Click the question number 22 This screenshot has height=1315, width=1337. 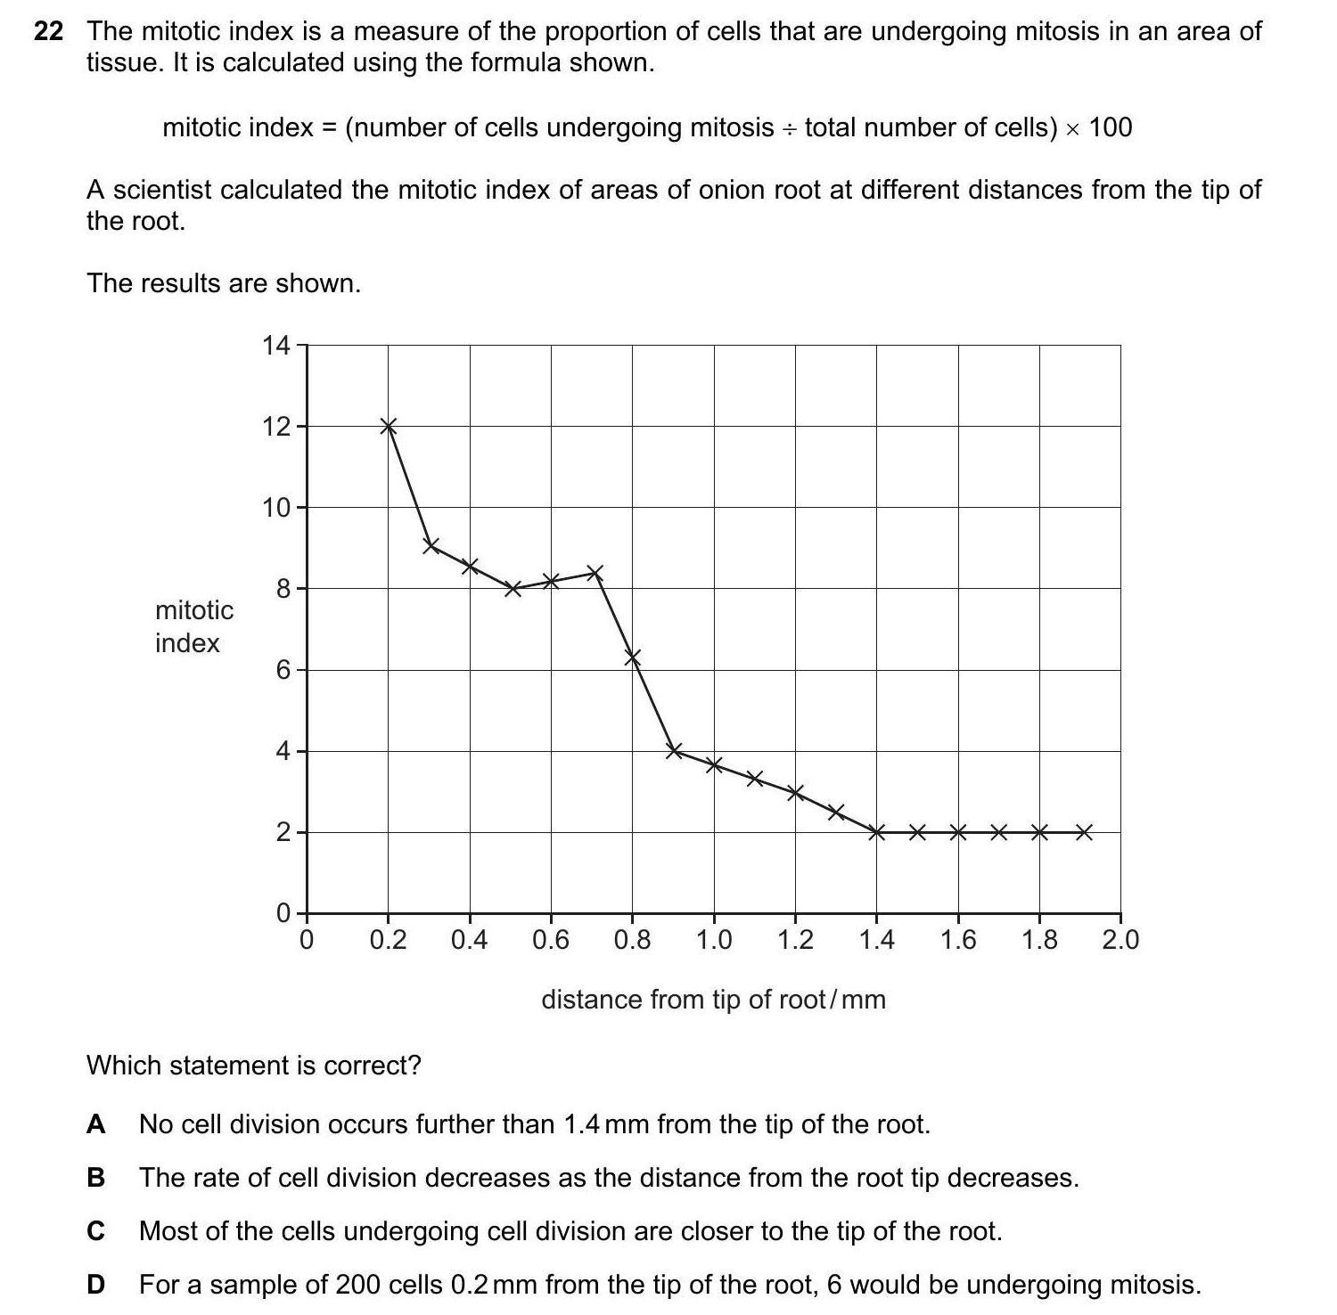point(48,32)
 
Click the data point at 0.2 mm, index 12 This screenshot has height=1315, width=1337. point(388,426)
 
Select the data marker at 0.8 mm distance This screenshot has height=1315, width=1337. point(633,657)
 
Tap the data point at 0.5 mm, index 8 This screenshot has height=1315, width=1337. point(513,588)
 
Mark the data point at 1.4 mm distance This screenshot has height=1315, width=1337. point(877,832)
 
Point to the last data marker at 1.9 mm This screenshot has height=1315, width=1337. point(1084,832)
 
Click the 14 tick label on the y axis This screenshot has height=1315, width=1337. point(276,345)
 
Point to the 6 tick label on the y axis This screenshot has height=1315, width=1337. point(283,670)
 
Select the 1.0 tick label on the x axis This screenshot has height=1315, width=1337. point(713,940)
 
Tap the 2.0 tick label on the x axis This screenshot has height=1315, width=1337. point(1120,940)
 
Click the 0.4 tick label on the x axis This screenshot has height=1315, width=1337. point(469,940)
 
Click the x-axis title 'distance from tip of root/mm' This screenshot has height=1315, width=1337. point(713,1000)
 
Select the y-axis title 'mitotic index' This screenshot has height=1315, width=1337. point(193,626)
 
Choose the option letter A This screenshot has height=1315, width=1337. point(96,1124)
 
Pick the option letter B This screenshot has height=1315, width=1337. point(96,1178)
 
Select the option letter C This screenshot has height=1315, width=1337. point(96,1231)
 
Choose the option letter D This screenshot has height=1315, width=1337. point(96,1285)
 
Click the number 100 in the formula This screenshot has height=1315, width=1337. point(1110,127)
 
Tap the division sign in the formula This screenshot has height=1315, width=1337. point(789,129)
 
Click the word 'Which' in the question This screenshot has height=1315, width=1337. point(123,1066)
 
